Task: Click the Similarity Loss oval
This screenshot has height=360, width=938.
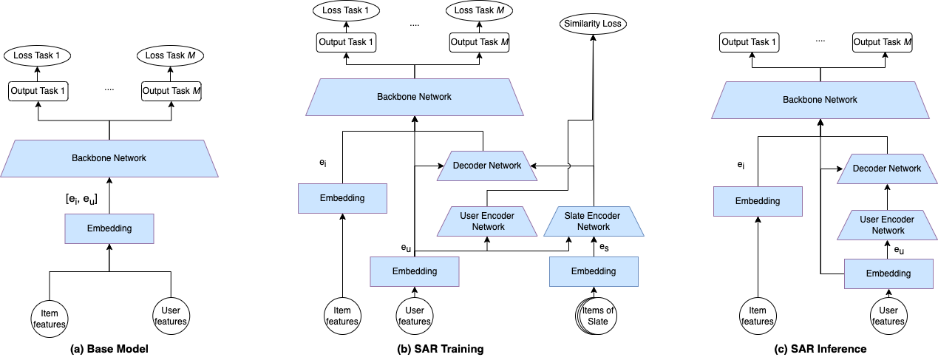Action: (x=593, y=24)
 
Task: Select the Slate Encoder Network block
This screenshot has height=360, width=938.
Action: (x=593, y=220)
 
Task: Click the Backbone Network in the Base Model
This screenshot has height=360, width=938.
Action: (x=109, y=158)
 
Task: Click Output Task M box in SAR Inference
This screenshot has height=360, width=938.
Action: (x=882, y=42)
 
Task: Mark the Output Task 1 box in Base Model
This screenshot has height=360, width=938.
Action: (x=38, y=92)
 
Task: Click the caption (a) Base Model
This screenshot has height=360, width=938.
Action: (x=108, y=348)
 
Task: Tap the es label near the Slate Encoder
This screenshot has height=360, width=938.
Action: (x=604, y=245)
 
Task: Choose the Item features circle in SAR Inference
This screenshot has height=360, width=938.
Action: (x=758, y=315)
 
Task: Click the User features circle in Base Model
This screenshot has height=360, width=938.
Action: (x=171, y=315)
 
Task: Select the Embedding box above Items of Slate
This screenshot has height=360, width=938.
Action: (x=593, y=271)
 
